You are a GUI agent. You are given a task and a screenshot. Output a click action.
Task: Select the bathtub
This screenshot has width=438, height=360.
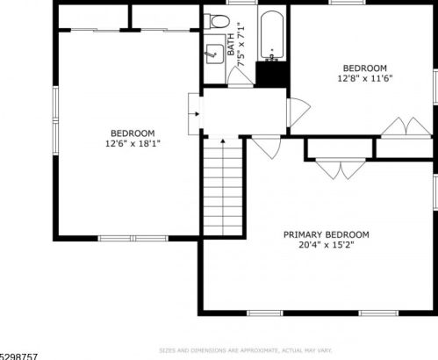[271, 36]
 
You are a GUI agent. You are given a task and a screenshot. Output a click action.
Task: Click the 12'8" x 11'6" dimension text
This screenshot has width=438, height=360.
[364, 78]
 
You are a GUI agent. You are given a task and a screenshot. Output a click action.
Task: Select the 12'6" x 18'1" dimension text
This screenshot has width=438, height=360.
[133, 142]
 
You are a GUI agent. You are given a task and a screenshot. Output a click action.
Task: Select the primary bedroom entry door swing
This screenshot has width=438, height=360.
[265, 148]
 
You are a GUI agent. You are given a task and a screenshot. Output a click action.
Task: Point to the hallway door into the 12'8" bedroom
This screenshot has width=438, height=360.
[298, 111]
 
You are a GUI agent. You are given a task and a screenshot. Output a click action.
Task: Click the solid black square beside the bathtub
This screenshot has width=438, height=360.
[272, 74]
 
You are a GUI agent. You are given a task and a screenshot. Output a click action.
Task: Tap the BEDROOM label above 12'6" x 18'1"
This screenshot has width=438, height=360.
[133, 133]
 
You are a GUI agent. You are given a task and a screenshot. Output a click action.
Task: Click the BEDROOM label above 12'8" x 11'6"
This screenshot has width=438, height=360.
[364, 68]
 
